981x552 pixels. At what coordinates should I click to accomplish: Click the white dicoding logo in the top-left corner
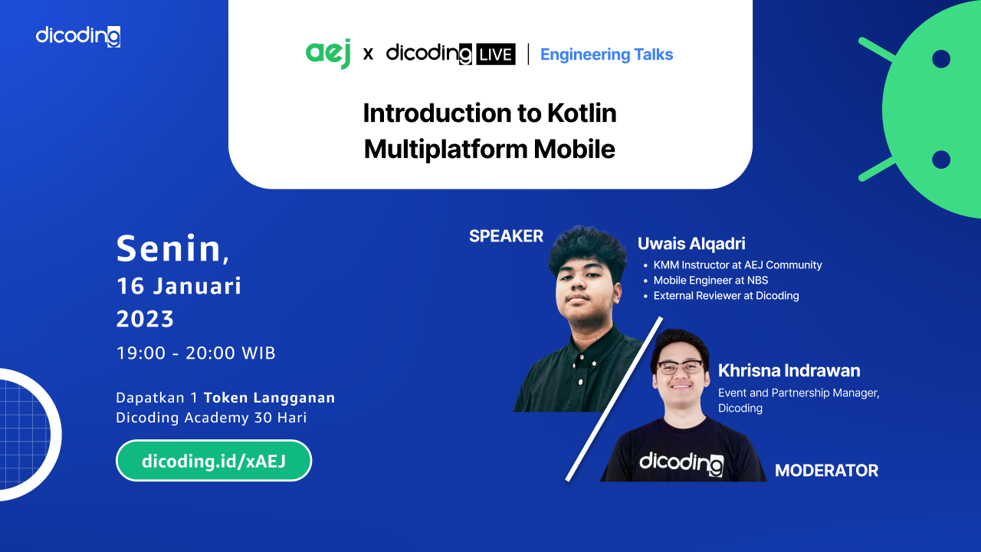point(78,36)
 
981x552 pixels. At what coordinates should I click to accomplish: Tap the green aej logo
point(328,54)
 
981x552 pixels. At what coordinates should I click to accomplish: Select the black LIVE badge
point(496,54)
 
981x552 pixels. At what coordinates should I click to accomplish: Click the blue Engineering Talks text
point(606,54)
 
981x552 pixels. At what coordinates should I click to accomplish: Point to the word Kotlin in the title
point(582,113)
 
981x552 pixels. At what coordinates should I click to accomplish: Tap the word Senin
point(169,248)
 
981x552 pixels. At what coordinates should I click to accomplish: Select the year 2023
point(145,318)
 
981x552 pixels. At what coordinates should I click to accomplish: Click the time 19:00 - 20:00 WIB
point(195,353)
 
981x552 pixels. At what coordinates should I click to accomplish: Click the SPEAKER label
point(507,236)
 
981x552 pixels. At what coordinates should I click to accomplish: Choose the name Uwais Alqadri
point(691,244)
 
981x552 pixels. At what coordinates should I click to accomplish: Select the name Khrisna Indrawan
point(789,370)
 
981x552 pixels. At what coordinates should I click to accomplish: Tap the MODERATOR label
point(827,471)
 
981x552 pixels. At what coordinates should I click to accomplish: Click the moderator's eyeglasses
point(680,367)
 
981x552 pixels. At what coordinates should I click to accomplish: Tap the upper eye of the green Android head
point(940,59)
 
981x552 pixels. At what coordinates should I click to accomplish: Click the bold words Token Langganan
point(269,398)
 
